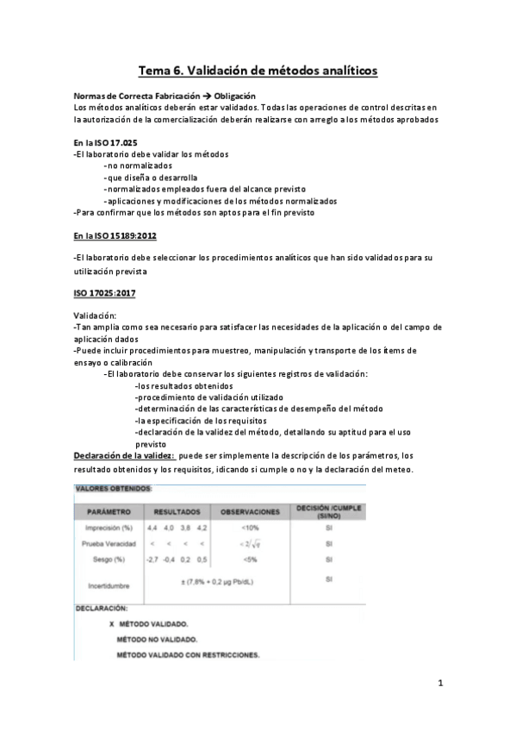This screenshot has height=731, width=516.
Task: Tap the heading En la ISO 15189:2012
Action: point(115,235)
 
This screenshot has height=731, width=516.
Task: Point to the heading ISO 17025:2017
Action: point(104,294)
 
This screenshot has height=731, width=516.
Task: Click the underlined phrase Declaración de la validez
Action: point(124,455)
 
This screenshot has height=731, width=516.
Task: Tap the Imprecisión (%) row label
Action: point(109,527)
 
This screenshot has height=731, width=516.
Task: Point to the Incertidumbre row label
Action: point(109,585)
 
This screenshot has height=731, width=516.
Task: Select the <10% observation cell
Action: point(251,527)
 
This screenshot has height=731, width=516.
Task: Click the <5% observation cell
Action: point(251,559)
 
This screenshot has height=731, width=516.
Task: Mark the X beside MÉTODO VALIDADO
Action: point(113,622)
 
